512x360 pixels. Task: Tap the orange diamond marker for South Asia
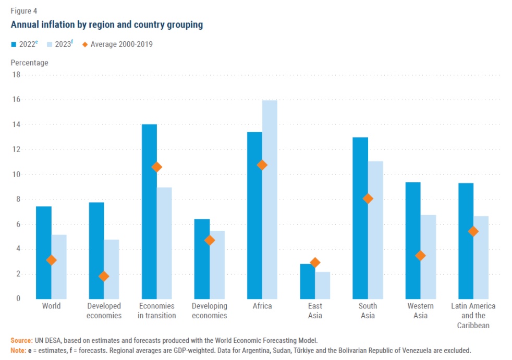tap(368, 198)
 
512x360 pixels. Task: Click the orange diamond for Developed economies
tap(104, 276)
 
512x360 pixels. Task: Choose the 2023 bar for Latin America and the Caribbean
tap(481, 257)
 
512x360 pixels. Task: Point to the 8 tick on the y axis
tap(18, 199)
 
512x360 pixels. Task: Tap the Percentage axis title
tap(29, 63)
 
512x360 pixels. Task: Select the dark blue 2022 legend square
tap(14, 44)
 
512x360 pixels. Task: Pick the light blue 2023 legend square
tap(49, 44)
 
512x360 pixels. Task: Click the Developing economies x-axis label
tap(210, 311)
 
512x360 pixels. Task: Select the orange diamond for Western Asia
tap(420, 255)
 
